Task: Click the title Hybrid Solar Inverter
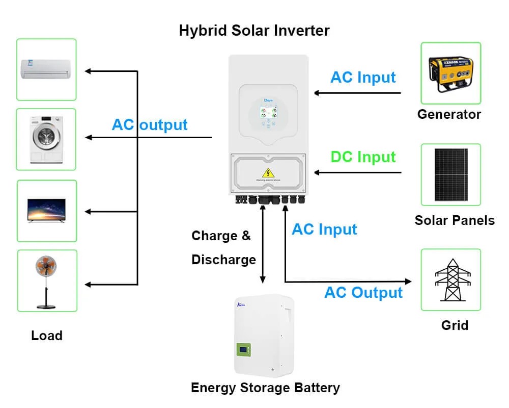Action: coord(254,30)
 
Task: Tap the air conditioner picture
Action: coord(46,69)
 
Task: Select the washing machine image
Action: coord(46,139)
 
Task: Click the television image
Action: coord(46,210)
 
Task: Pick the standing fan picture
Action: coord(46,280)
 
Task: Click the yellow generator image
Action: coord(450,73)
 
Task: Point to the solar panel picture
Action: coord(450,174)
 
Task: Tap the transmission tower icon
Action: coord(450,279)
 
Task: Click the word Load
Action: coord(47,336)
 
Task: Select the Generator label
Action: coord(449,114)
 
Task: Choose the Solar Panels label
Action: coord(455,220)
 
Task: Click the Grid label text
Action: coord(455,325)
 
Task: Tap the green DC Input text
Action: coord(363,157)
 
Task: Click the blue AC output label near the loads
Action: coord(150,125)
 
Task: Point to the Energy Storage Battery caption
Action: coord(265,388)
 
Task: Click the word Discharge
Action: coord(223,260)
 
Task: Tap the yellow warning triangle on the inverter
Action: coord(268,172)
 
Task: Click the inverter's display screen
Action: coord(268,113)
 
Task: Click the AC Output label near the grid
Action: coord(363,293)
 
